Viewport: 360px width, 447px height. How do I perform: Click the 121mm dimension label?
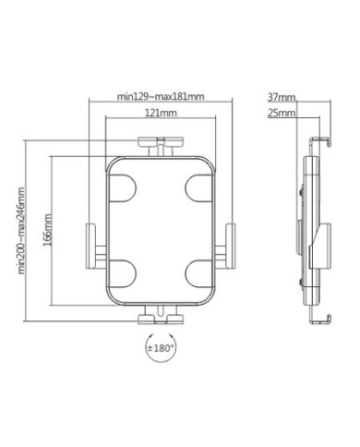tap(161, 113)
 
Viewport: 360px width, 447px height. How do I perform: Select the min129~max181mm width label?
tap(161, 96)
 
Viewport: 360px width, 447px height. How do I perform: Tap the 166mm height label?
tap(48, 230)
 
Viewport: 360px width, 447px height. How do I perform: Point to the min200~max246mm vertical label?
tap(21, 230)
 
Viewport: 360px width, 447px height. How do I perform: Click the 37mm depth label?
tap(282, 97)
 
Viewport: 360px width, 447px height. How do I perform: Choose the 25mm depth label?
tap(282, 113)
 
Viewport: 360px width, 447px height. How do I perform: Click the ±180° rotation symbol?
tap(161, 348)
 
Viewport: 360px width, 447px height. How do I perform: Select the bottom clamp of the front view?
tap(161, 315)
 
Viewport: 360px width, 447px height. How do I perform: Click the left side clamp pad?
tap(90, 247)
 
